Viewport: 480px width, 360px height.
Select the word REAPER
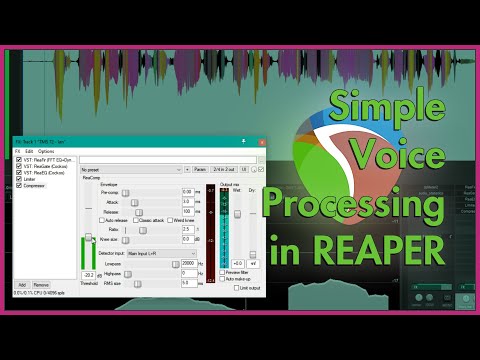point(388,250)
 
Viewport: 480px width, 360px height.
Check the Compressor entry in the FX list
point(39,186)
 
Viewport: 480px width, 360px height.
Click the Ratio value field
point(187,229)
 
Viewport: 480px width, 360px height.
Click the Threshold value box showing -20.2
point(89,274)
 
